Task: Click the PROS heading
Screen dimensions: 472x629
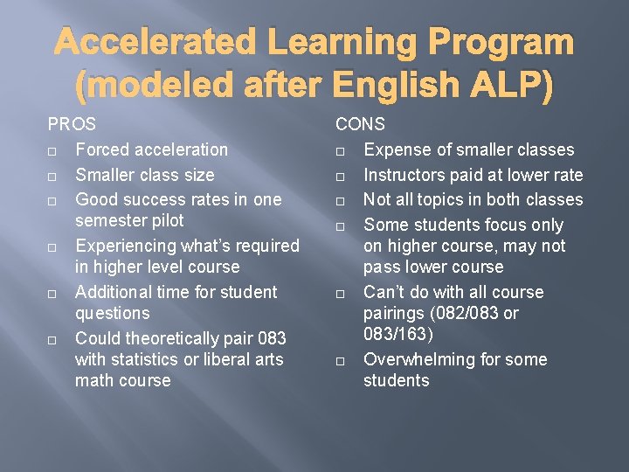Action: [x=72, y=125]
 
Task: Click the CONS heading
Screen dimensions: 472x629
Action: [x=360, y=125]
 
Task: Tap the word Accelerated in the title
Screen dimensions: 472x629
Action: [x=154, y=42]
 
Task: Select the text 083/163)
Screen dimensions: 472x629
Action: [x=399, y=334]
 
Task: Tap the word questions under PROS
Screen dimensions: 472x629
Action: [x=113, y=313]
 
